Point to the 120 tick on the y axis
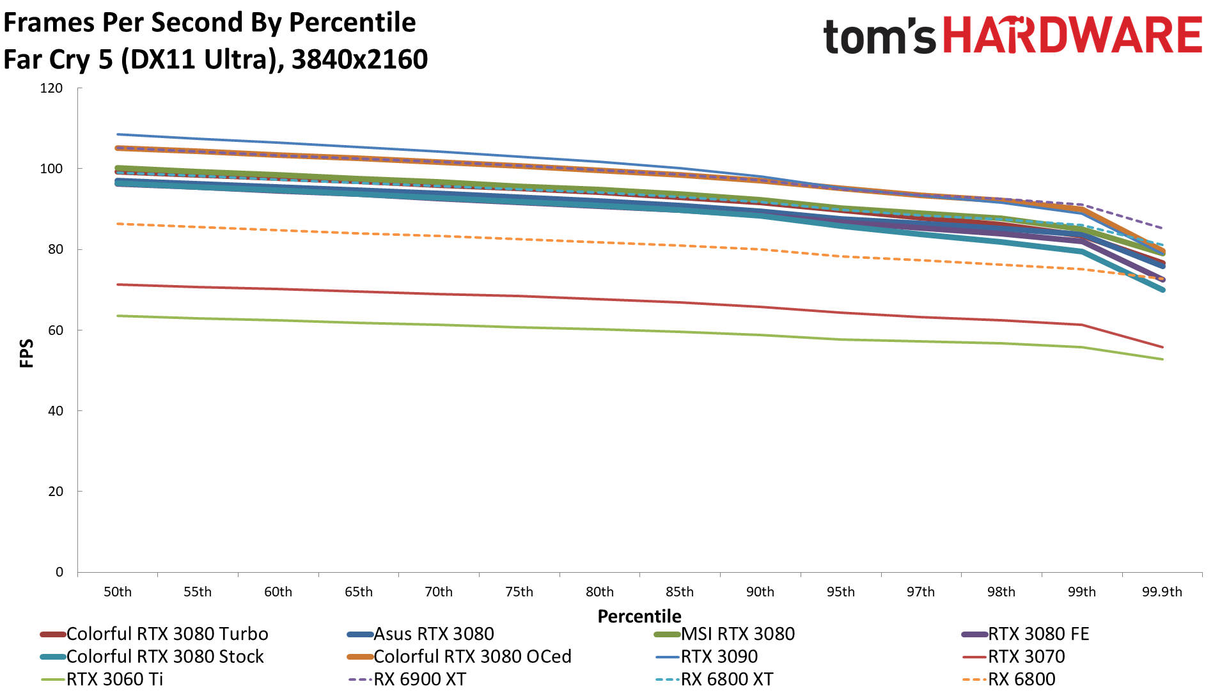51,88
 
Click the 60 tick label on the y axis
56,330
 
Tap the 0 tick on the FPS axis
59,572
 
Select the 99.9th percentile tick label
1162,592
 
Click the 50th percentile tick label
118,592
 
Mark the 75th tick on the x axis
519,592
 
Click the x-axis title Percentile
639,616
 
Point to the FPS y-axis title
27,353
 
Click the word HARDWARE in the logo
1072,35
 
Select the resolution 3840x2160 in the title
359,59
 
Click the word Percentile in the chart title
352,22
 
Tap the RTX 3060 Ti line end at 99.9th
1162,359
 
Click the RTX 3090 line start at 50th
118,134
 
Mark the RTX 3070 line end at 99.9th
1162,347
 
